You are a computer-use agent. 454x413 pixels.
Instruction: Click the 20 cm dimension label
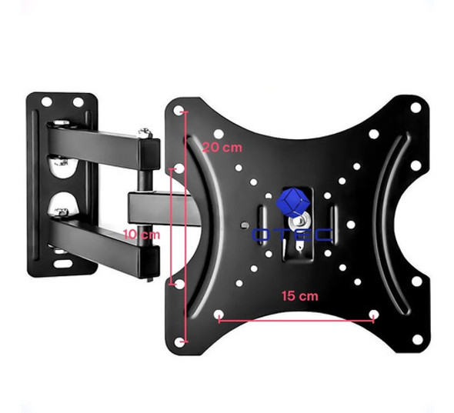click(x=221, y=147)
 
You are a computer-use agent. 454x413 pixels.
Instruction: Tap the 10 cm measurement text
click(x=143, y=234)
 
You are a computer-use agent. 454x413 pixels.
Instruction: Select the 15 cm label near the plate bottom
click(x=299, y=295)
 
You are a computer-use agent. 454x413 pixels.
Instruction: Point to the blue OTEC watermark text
click(x=292, y=235)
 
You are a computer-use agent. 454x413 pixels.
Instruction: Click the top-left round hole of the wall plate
click(x=46, y=102)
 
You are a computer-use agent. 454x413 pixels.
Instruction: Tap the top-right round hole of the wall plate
click(x=78, y=102)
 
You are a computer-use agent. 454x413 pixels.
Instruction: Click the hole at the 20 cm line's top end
click(x=182, y=112)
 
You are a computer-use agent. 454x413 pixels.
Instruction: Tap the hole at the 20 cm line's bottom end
click(x=182, y=341)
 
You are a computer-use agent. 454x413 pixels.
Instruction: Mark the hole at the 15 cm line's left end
click(x=219, y=315)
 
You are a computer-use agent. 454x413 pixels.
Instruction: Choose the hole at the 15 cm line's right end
click(x=374, y=315)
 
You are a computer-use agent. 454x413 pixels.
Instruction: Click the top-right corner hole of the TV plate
click(x=416, y=108)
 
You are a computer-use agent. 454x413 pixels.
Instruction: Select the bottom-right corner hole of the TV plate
click(x=416, y=339)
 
